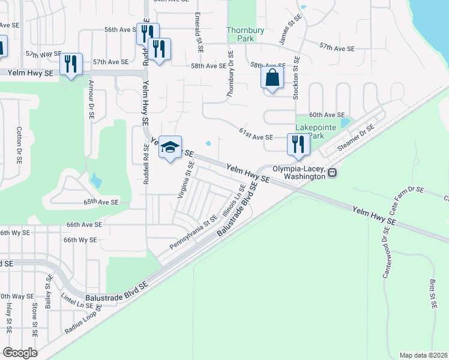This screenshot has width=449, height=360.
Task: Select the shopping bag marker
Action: (x=273, y=79)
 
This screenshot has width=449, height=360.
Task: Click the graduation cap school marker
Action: (x=170, y=146)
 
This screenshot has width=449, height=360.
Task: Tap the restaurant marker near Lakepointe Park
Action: (x=298, y=145)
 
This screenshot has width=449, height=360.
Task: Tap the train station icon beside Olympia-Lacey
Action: (x=332, y=172)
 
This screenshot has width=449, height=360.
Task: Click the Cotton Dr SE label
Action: (x=19, y=145)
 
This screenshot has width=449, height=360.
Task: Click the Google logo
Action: (x=20, y=352)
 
